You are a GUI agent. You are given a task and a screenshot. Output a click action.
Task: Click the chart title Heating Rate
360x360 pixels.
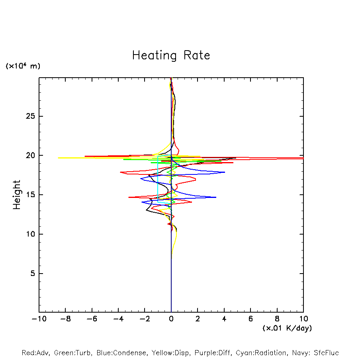click(171, 55)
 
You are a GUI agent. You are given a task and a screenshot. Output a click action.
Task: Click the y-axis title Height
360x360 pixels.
click(17, 195)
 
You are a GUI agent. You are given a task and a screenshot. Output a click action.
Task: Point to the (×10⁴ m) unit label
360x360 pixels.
click(23, 66)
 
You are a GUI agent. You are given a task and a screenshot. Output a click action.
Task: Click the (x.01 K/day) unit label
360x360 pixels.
click(287, 328)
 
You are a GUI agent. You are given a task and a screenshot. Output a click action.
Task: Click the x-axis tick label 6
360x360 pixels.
click(250, 319)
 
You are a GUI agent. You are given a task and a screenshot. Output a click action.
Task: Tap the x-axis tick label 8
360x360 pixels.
click(277, 319)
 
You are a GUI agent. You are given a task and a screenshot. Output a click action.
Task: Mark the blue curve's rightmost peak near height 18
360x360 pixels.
click(225, 172)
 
